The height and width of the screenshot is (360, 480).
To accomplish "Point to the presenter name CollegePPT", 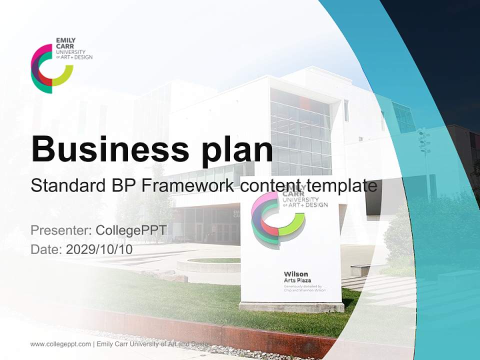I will pyautogui.click(x=131, y=230).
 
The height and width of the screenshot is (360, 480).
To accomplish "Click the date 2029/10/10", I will pyautogui.click(x=99, y=249).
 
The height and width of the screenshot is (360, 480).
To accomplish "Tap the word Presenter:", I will pyautogui.click(x=61, y=230).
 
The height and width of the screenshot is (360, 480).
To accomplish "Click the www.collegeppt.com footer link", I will pyautogui.click(x=60, y=344).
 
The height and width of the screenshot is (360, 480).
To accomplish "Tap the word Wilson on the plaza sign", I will pyautogui.click(x=295, y=274).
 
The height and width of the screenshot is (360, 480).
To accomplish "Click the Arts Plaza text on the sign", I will pyautogui.click(x=297, y=280).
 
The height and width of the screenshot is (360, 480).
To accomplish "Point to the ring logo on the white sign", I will pyautogui.click(x=276, y=218).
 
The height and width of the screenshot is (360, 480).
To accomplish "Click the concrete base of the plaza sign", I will pyautogui.click(x=291, y=306).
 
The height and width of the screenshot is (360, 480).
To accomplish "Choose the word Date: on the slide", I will pyautogui.click(x=46, y=249).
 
